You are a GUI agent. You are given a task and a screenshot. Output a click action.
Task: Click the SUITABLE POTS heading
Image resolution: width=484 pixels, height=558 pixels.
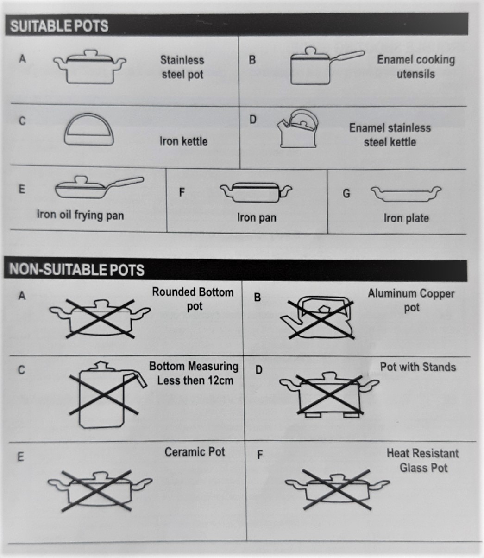pos(59,26)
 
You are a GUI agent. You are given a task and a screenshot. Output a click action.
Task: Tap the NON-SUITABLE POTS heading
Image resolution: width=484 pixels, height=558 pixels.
pos(77,270)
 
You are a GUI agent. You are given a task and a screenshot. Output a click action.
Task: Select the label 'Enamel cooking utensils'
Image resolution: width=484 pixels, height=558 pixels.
pos(415,67)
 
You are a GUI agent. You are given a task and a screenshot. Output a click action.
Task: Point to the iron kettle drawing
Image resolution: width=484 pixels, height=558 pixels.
pos(88,131)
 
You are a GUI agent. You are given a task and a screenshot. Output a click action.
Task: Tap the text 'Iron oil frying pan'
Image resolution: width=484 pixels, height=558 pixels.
pos(80,215)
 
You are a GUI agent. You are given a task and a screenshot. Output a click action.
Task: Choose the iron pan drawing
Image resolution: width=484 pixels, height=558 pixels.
pos(256,192)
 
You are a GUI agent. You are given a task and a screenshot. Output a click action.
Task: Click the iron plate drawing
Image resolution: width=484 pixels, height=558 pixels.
pos(405,194)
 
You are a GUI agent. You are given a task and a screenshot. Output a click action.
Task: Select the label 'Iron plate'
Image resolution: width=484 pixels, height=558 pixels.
pos(406,218)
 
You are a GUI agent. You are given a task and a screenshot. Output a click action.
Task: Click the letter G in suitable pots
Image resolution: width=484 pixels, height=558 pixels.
pos(346,194)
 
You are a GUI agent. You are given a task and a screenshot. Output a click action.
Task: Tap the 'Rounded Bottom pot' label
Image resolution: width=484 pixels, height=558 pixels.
pos(193,299)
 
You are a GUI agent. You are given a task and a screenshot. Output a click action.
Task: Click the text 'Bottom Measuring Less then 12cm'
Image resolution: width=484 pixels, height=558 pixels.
pos(194,374)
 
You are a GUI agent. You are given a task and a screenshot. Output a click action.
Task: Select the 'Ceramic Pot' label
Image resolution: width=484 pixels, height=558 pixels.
pos(195,452)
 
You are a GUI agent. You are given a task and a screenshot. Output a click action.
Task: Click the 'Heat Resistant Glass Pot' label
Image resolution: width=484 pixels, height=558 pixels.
pos(423,460)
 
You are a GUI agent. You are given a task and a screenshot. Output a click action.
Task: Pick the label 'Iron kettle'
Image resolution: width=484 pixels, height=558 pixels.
pos(183,141)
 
